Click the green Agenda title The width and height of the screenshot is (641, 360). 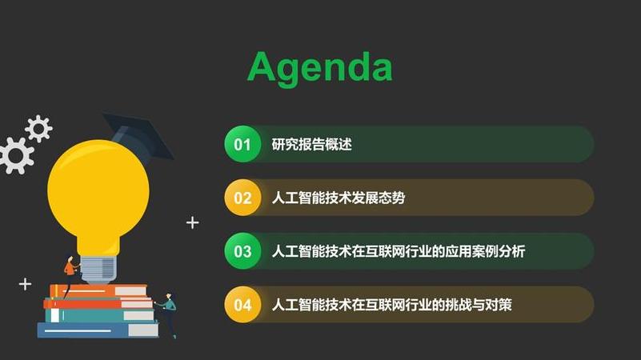point(320,67)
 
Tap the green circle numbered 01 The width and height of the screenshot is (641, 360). point(242,145)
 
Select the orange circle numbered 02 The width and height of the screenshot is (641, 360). point(242,198)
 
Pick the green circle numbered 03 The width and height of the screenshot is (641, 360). point(242,251)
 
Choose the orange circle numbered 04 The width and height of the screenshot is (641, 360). point(242,305)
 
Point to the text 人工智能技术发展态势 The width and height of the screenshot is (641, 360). point(339,198)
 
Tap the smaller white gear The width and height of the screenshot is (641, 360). point(38,128)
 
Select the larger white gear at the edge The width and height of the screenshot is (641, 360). point(14,155)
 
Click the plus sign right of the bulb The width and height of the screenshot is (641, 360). point(192,222)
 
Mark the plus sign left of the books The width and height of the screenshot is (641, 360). point(25,283)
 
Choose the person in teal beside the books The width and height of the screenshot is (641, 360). point(168,312)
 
